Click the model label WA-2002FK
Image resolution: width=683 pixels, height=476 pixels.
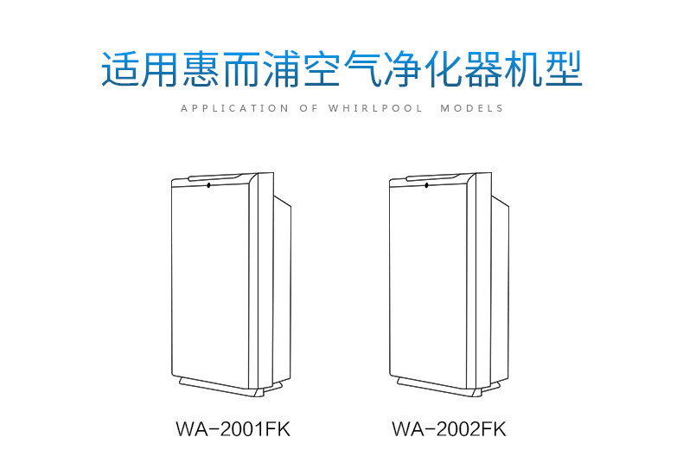coord(449,429)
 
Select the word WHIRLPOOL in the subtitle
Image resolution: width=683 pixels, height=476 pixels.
coord(376,109)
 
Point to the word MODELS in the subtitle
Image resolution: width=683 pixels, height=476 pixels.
coord(472,109)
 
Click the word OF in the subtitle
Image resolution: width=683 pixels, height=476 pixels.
coord(307,109)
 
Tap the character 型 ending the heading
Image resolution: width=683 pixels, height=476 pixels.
coord(559,69)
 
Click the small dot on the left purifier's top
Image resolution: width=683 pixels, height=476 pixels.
coord(207,183)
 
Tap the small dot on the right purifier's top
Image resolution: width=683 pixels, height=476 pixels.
coord(425,183)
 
